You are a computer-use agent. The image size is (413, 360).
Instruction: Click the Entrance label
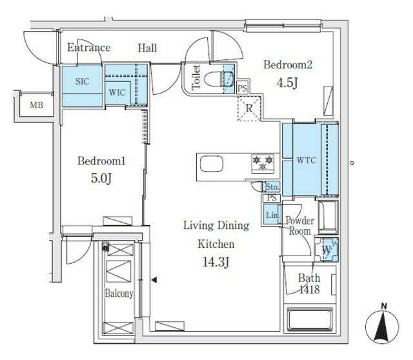[89, 48]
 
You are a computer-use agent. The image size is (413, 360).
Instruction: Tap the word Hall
[147, 48]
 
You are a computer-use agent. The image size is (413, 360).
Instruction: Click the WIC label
[117, 92]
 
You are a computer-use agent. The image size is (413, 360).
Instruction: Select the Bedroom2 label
[288, 65]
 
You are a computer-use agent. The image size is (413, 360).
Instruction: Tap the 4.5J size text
[288, 83]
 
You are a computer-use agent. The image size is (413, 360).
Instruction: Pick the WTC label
[305, 159]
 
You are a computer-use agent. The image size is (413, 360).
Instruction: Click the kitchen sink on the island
[211, 165]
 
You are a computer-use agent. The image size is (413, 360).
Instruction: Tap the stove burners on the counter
[262, 163]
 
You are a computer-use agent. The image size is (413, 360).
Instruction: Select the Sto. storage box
[272, 187]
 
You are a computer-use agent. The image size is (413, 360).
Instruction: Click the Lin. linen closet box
[271, 215]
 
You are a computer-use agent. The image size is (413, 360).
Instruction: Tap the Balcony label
[119, 294]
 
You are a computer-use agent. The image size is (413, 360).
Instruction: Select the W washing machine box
[326, 248]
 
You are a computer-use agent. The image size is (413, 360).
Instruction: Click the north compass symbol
[383, 326]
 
